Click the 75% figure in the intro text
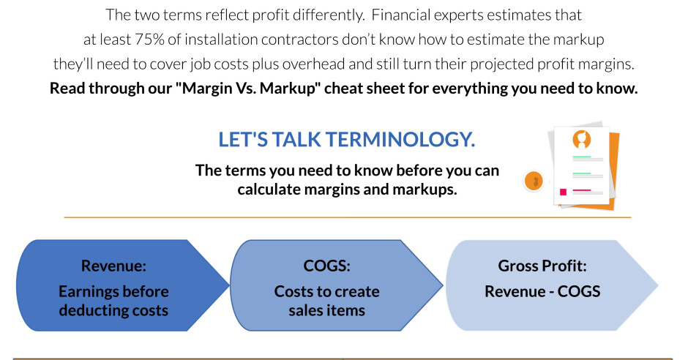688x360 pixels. click(149, 39)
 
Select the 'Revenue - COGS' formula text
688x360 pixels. click(542, 291)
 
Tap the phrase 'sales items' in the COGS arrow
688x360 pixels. click(326, 310)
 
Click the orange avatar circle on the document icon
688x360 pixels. click(582, 138)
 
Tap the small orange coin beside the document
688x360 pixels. click(535, 181)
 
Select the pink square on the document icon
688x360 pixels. click(563, 192)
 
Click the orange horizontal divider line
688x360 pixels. click(347, 217)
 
